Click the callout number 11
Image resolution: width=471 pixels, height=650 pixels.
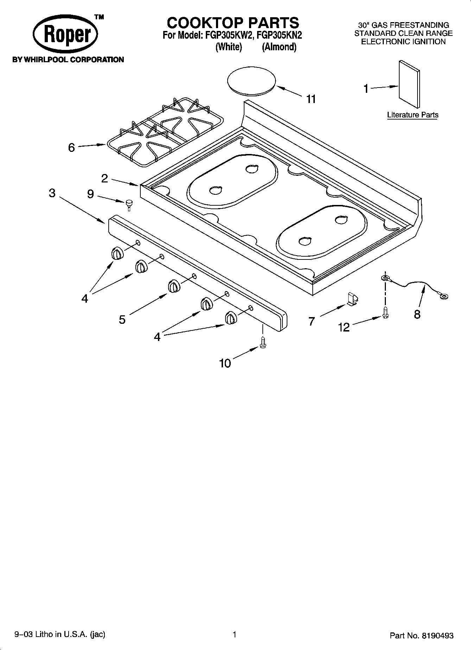pyautogui.click(x=311, y=99)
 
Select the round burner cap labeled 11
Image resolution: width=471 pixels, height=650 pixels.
pyautogui.click(x=251, y=81)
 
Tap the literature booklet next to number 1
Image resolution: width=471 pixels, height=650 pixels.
pyautogui.click(x=409, y=84)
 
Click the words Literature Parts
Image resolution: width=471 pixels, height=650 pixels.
pyautogui.click(x=412, y=115)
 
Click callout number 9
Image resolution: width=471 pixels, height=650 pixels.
pyautogui.click(x=90, y=194)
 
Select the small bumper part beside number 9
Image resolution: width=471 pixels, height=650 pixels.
pyautogui.click(x=129, y=204)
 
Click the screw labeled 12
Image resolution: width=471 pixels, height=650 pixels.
pyautogui.click(x=386, y=312)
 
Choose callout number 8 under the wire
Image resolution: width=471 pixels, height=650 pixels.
pyautogui.click(x=417, y=314)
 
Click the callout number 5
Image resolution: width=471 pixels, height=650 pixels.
pyautogui.click(x=122, y=320)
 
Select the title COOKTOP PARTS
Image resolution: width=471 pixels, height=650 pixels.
pyautogui.click(x=233, y=23)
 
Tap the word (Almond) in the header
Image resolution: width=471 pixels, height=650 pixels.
pyautogui.click(x=279, y=47)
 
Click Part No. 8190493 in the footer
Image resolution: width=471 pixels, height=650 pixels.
pyautogui.click(x=421, y=636)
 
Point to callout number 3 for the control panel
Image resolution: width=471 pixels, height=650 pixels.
pyautogui.click(x=52, y=193)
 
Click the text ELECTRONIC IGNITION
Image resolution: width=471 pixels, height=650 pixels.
pyautogui.click(x=403, y=41)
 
